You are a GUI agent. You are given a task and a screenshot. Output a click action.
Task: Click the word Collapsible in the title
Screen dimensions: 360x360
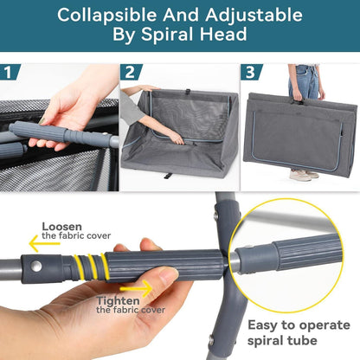[107, 16]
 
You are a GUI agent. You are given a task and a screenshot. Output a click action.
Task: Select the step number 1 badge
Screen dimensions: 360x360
[10, 72]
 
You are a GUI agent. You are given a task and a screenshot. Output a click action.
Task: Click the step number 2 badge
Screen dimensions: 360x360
[131, 72]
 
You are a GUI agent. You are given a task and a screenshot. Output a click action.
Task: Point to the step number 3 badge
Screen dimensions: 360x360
[252, 72]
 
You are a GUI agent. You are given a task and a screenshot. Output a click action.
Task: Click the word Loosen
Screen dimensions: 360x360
[61, 227]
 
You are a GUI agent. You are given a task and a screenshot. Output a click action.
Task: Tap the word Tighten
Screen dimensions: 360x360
[118, 301]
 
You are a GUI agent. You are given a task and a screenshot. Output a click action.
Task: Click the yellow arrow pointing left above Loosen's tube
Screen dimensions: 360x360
[44, 244]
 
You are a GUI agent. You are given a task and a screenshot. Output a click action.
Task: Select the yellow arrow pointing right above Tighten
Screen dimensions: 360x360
[136, 289]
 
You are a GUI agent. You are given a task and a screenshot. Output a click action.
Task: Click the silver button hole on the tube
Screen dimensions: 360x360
[36, 267]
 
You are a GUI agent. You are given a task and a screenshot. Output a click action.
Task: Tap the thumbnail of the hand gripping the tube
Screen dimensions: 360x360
[59, 127]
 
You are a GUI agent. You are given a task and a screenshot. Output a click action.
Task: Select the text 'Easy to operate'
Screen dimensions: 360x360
[299, 325]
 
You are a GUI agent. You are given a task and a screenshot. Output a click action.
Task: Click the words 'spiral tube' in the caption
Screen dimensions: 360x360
[282, 341]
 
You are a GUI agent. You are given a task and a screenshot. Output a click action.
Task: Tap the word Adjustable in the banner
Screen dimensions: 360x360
[254, 16]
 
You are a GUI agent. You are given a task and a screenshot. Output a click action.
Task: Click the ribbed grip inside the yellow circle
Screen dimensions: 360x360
[307, 252]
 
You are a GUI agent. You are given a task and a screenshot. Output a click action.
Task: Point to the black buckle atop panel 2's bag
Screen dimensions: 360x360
[188, 92]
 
